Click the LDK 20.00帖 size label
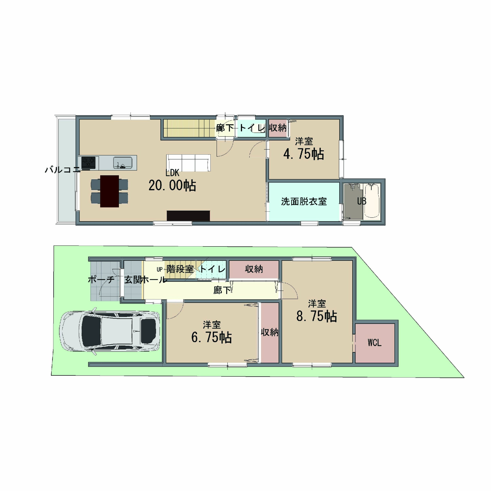pyautogui.click(x=172, y=185)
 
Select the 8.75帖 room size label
pyautogui.click(x=317, y=316)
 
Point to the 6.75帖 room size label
pyautogui.click(x=211, y=338)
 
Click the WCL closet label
pyautogui.click(x=375, y=343)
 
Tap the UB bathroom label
pyautogui.click(x=362, y=201)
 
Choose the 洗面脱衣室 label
pyautogui.click(x=304, y=202)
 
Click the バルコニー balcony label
pyautogui.click(x=63, y=169)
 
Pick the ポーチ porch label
pyautogui.click(x=101, y=280)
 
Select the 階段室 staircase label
pyautogui.click(x=180, y=269)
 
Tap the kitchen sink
pyautogui.click(x=123, y=163)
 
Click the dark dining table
pyautogui.click(x=110, y=191)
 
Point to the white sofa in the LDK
pyautogui.click(x=188, y=163)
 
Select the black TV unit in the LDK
pyautogui.click(x=188, y=216)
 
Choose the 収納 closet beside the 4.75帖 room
pyautogui.click(x=278, y=128)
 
